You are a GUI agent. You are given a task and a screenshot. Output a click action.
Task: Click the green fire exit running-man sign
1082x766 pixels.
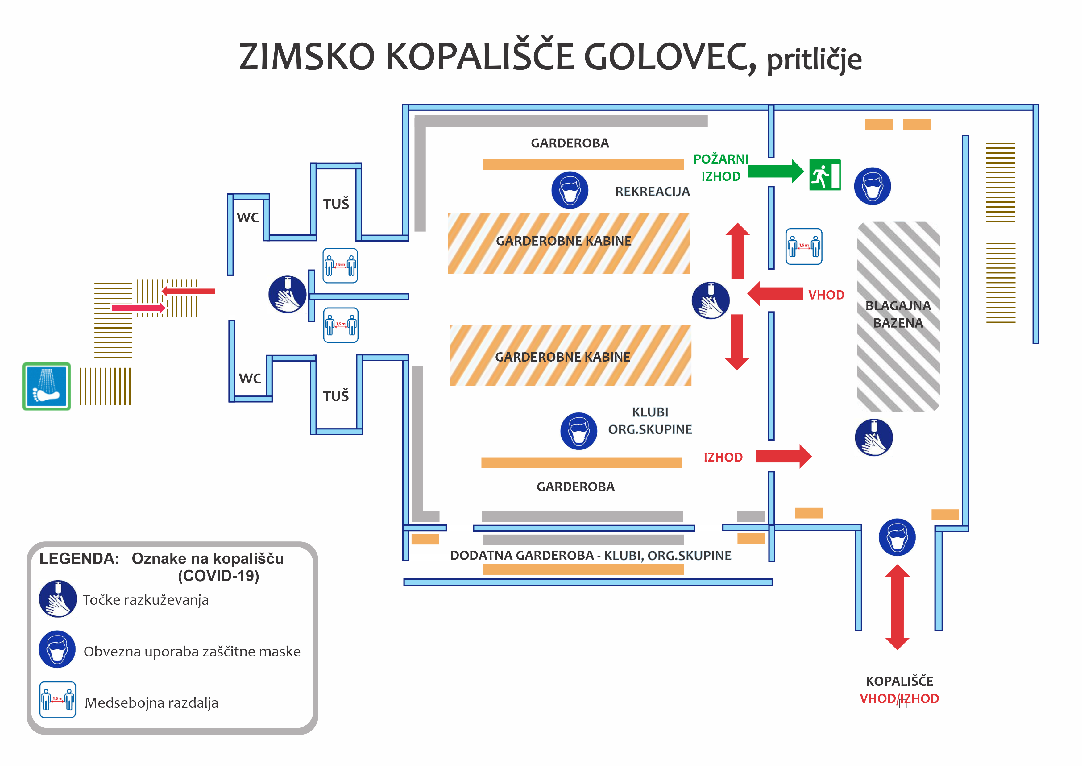824,175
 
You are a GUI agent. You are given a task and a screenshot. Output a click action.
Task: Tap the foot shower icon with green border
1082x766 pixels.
46,386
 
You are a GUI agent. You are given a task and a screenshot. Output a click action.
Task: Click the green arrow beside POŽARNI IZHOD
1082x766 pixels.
775,171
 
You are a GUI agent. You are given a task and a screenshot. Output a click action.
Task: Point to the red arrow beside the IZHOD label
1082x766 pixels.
783,456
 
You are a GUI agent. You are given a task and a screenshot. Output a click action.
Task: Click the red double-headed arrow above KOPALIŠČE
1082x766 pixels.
897,607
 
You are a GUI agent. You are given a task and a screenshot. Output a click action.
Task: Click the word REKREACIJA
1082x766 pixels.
652,192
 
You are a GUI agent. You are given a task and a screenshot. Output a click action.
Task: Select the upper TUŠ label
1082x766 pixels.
336,204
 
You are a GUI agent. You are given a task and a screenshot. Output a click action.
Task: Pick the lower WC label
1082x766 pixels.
250,379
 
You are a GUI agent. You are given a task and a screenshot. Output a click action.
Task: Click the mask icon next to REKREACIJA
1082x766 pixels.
570,190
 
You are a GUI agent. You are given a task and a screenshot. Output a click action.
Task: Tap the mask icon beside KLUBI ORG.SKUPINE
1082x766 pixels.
579,431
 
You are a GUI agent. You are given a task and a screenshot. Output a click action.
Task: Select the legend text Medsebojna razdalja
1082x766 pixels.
151,703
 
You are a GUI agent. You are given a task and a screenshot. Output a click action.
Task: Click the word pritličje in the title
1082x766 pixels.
815,60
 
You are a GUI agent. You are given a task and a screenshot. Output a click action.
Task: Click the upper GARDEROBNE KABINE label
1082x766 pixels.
564,241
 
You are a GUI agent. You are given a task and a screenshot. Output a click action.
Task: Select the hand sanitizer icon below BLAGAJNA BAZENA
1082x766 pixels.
873,437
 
